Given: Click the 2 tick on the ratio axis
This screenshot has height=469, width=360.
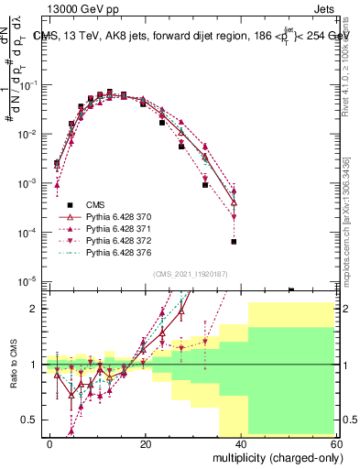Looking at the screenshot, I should (x=34, y=309).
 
